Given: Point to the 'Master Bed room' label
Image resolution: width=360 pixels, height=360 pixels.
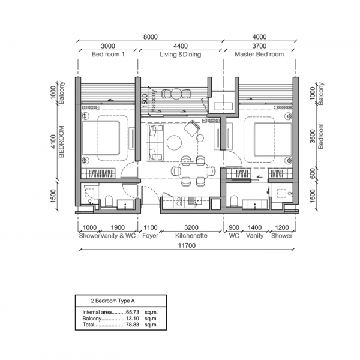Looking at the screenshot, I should coord(260,55).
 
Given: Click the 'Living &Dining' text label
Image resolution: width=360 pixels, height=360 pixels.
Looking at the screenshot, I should coord(180,55).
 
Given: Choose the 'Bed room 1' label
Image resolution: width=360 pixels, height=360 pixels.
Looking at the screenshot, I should coord(108,55).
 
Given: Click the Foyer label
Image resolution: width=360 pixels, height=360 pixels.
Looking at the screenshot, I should coord(151,236).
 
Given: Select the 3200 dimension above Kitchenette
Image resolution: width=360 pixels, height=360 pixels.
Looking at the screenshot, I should coord(190,228).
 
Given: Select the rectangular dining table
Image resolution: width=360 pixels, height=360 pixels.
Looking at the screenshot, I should coord(192,170).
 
